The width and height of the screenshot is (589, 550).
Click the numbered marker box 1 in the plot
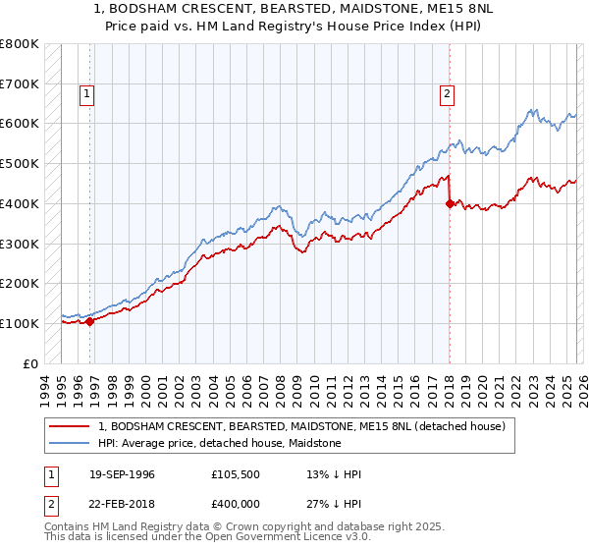click(x=87, y=94)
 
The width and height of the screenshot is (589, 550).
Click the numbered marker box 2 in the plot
click(x=447, y=94)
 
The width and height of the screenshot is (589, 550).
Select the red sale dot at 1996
click(x=89, y=320)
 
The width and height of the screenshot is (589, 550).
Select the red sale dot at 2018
click(x=450, y=203)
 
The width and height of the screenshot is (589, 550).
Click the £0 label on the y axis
click(x=31, y=363)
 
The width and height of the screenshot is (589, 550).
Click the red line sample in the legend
click(x=71, y=426)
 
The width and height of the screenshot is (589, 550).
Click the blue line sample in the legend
click(x=71, y=443)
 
